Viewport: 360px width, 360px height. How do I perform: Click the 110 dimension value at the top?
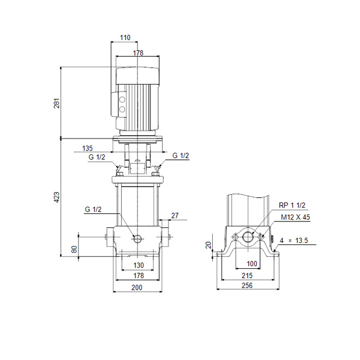click(125, 38)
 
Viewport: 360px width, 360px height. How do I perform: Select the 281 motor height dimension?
click(57, 103)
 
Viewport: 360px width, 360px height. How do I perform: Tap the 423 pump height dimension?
click(57, 197)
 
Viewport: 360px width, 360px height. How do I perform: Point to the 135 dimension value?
click(87, 148)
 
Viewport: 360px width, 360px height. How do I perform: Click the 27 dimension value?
click(175, 215)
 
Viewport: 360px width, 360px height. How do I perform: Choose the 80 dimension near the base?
click(74, 249)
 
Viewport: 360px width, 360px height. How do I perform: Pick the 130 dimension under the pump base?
click(139, 265)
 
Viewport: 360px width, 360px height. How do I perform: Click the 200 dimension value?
click(137, 287)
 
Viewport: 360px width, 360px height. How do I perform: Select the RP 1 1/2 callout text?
click(292, 205)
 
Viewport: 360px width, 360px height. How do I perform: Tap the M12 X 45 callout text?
click(295, 217)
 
